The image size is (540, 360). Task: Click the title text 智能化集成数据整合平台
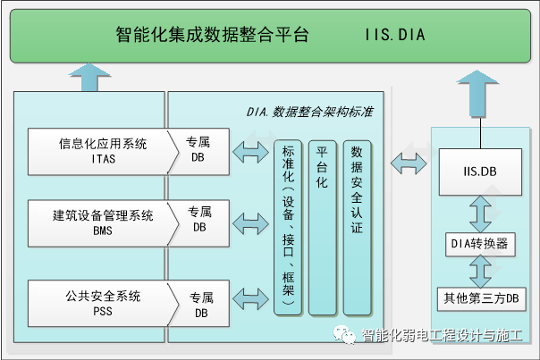pos(212,36)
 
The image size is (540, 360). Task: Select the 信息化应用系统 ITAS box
pos(101,151)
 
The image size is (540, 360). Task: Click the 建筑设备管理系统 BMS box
pos(101,222)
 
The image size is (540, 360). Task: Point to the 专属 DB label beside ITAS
pos(198,150)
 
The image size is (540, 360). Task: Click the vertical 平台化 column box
pos(323,227)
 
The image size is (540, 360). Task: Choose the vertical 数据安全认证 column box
pos(356,227)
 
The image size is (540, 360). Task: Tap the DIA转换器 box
pos(481,243)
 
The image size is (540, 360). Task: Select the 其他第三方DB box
pos(481,297)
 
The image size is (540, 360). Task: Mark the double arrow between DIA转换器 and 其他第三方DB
pos(481,270)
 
